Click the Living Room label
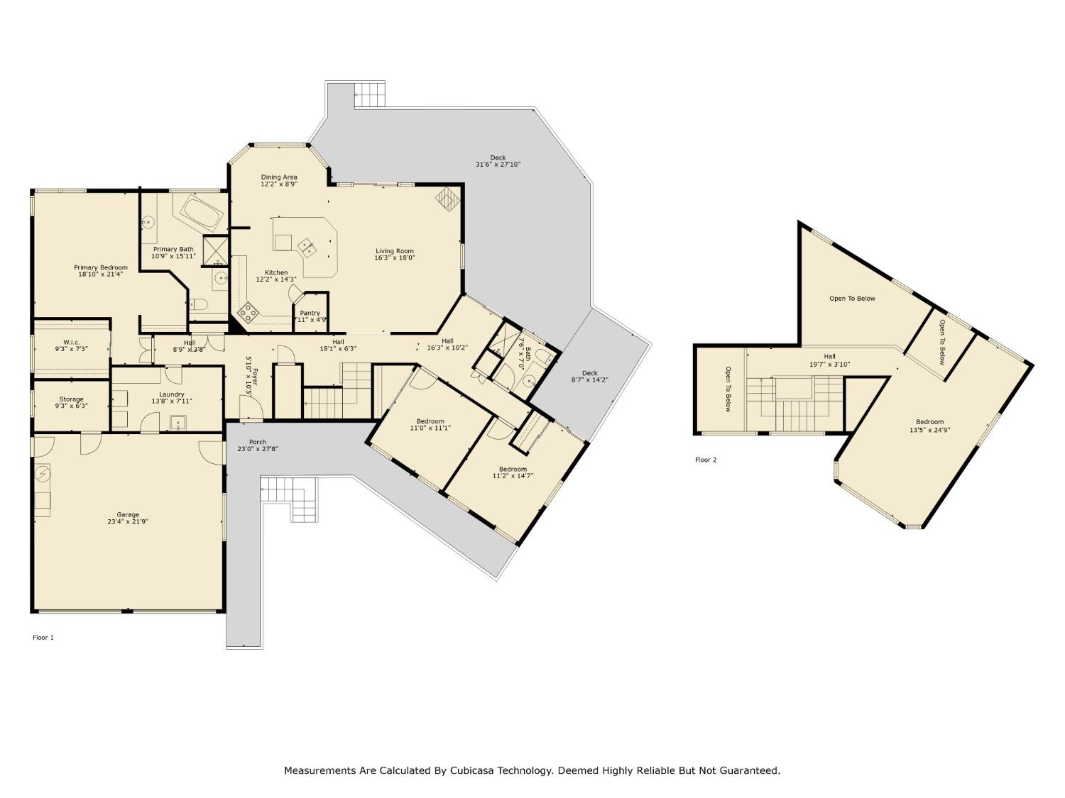click(394, 251)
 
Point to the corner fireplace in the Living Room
click(446, 199)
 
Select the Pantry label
click(310, 313)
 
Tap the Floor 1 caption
click(43, 637)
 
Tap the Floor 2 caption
click(706, 460)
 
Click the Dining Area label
click(278, 177)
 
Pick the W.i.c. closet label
click(71, 342)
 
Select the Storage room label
click(71, 399)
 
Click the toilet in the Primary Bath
click(200, 306)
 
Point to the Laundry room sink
click(177, 423)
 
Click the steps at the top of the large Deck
click(369, 94)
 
